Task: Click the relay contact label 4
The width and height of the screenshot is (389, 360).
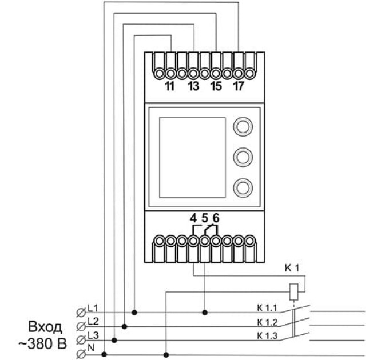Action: pyautogui.click(x=193, y=218)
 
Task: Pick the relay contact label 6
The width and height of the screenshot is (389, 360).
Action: pyautogui.click(x=216, y=218)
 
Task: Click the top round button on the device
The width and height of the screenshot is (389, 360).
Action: pyautogui.click(x=243, y=126)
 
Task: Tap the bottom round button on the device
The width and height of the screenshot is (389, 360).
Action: pyautogui.click(x=243, y=186)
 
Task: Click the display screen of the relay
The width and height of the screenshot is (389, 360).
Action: pyautogui.click(x=192, y=155)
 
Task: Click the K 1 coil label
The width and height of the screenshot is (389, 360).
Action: pyautogui.click(x=293, y=268)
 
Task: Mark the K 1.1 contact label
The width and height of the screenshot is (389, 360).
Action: pyautogui.click(x=267, y=309)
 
